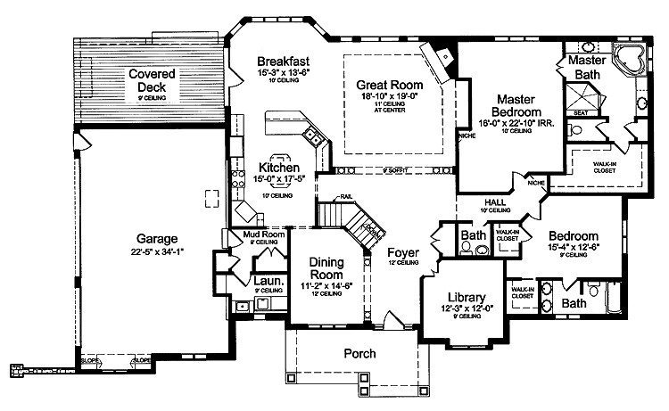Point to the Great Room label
(x=389, y=86)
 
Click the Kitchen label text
(x=279, y=167)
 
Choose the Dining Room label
(x=326, y=268)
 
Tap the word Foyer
(x=403, y=251)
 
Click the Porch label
(x=359, y=354)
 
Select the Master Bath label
(x=586, y=68)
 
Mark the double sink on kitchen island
(x=313, y=136)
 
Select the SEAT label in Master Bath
(x=580, y=112)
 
